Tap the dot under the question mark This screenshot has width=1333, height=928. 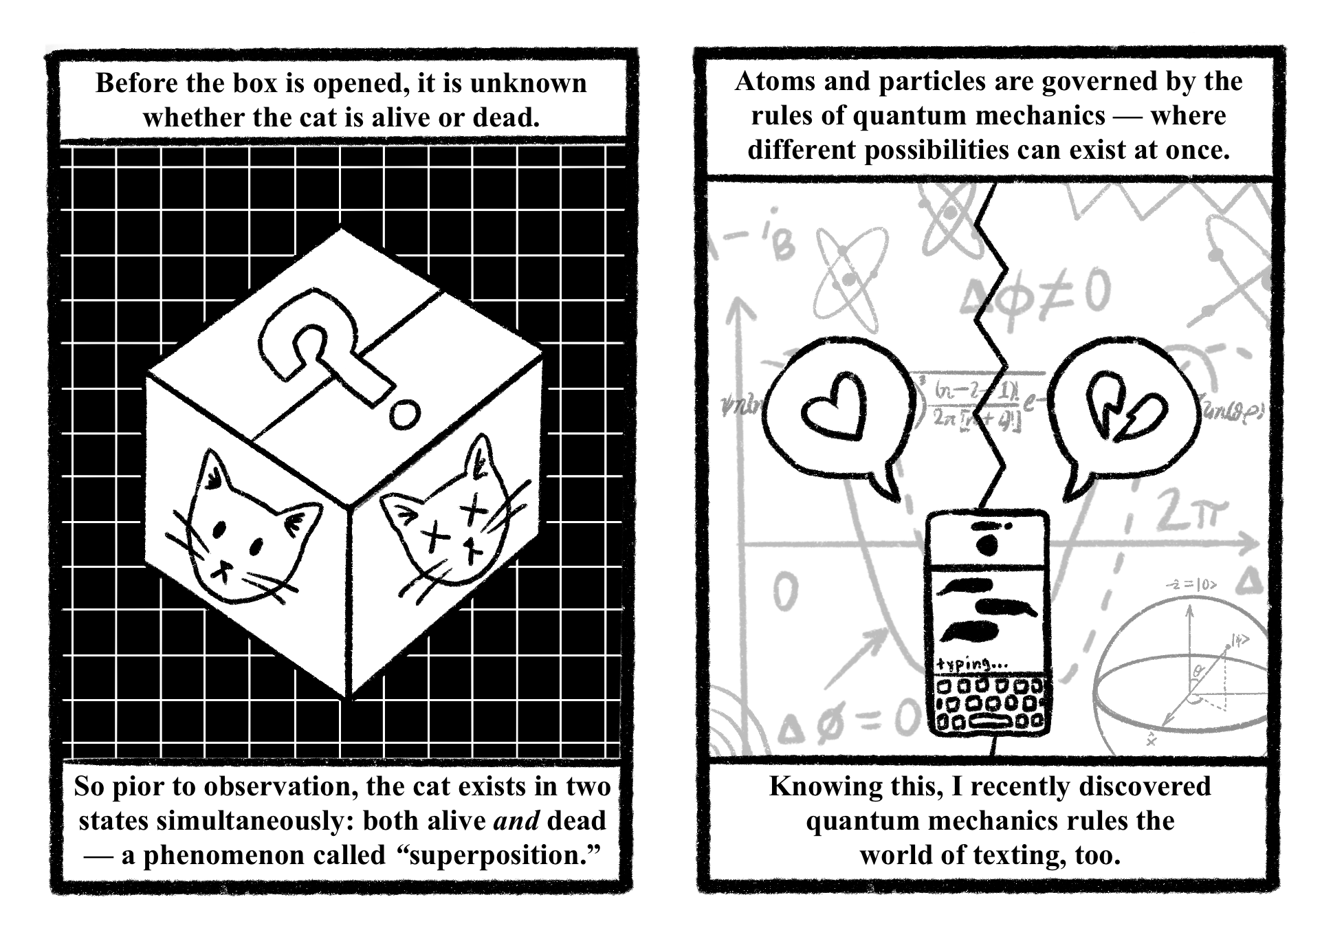click(x=404, y=414)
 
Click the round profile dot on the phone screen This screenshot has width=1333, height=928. click(x=987, y=546)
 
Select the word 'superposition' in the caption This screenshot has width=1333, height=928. click(x=496, y=855)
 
